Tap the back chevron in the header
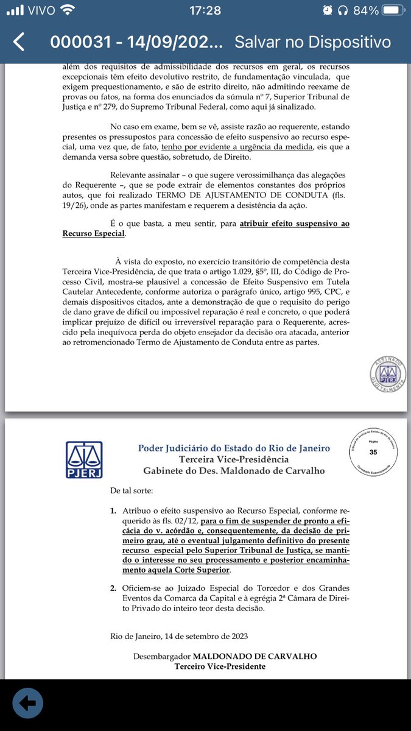pos(19,42)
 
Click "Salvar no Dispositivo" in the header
pos(312,42)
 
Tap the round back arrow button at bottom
pos(27,702)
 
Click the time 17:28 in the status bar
pos(205,10)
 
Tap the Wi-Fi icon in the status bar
pos(68,10)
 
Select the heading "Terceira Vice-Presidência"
pos(234,459)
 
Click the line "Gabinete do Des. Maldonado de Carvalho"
pos(234,471)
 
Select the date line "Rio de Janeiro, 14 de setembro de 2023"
pos(179,637)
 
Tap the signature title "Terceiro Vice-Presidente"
pos(220,667)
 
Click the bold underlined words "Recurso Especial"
pos(94,233)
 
